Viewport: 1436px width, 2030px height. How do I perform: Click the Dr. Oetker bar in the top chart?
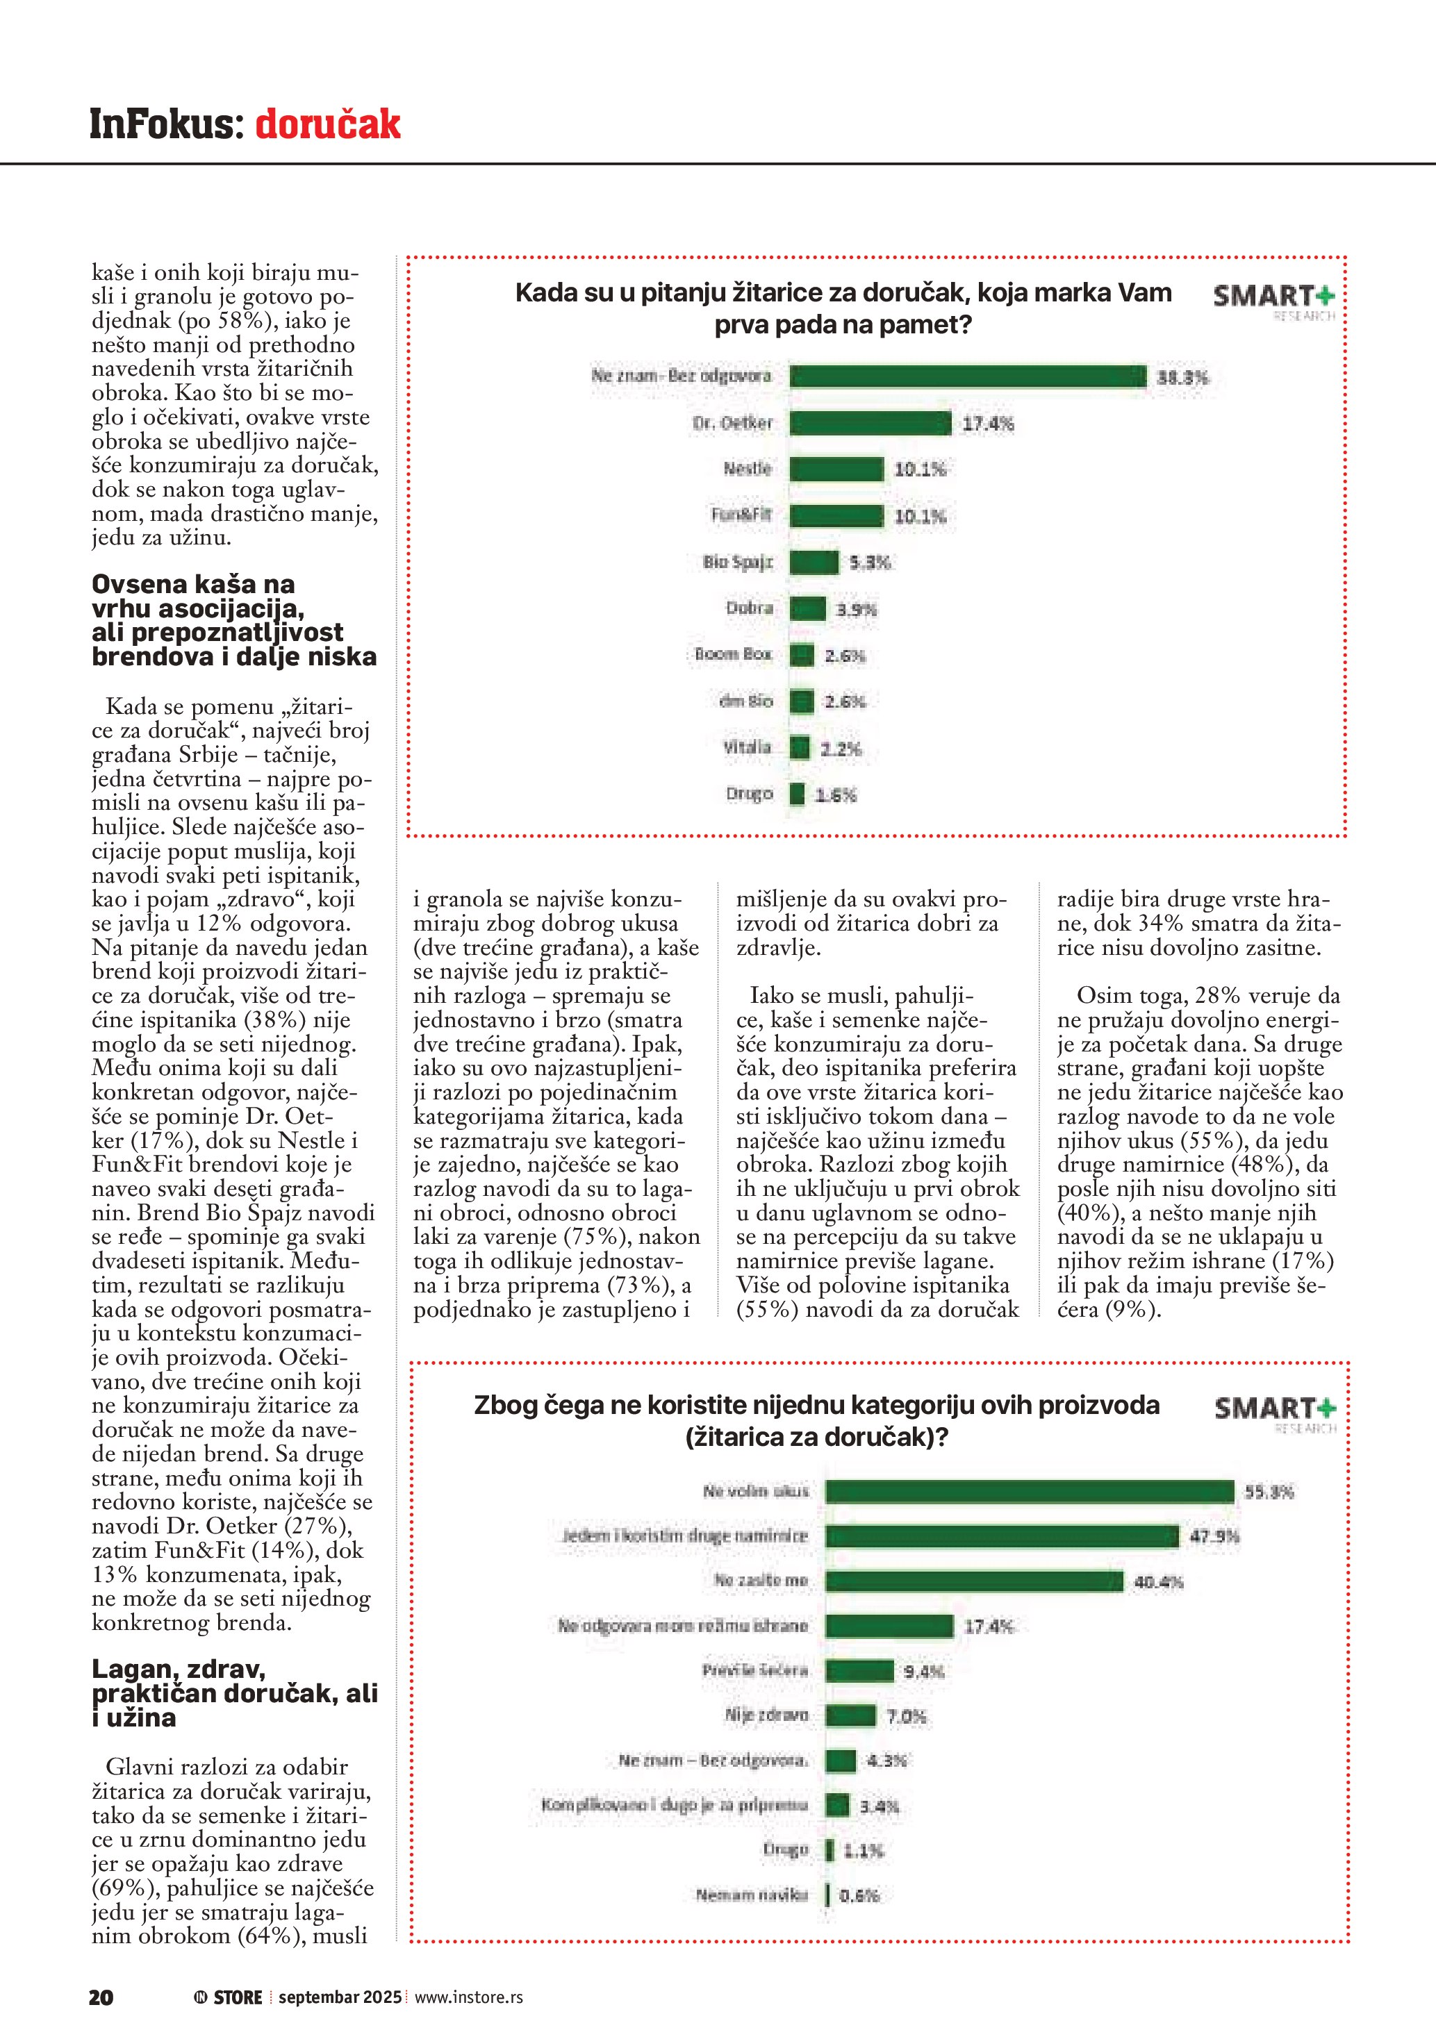[870, 424]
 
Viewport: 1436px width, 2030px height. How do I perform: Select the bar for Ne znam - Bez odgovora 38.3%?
[967, 376]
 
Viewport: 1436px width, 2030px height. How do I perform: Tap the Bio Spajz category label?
[738, 563]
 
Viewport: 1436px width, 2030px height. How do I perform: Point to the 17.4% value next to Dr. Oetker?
[988, 424]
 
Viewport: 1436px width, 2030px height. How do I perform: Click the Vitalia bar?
[800, 748]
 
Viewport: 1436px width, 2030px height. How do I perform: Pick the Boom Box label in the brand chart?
[733, 654]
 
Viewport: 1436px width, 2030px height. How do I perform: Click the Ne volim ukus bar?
[1030, 1492]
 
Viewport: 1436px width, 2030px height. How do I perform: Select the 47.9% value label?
[1214, 1537]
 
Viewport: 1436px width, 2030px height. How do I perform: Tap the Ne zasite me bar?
[973, 1581]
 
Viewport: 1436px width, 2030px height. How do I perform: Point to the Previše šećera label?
[755, 1670]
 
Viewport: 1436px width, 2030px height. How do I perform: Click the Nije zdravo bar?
[850, 1715]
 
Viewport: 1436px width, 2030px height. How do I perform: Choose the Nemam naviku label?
[752, 1895]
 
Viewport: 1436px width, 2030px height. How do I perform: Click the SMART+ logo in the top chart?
[1273, 299]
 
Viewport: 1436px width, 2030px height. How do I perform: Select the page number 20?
[101, 1997]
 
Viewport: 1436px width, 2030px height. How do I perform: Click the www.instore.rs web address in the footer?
[469, 1997]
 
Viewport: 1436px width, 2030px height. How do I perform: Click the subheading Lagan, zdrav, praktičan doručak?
[233, 1692]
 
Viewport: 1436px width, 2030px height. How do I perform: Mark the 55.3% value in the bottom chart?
[1269, 1492]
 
